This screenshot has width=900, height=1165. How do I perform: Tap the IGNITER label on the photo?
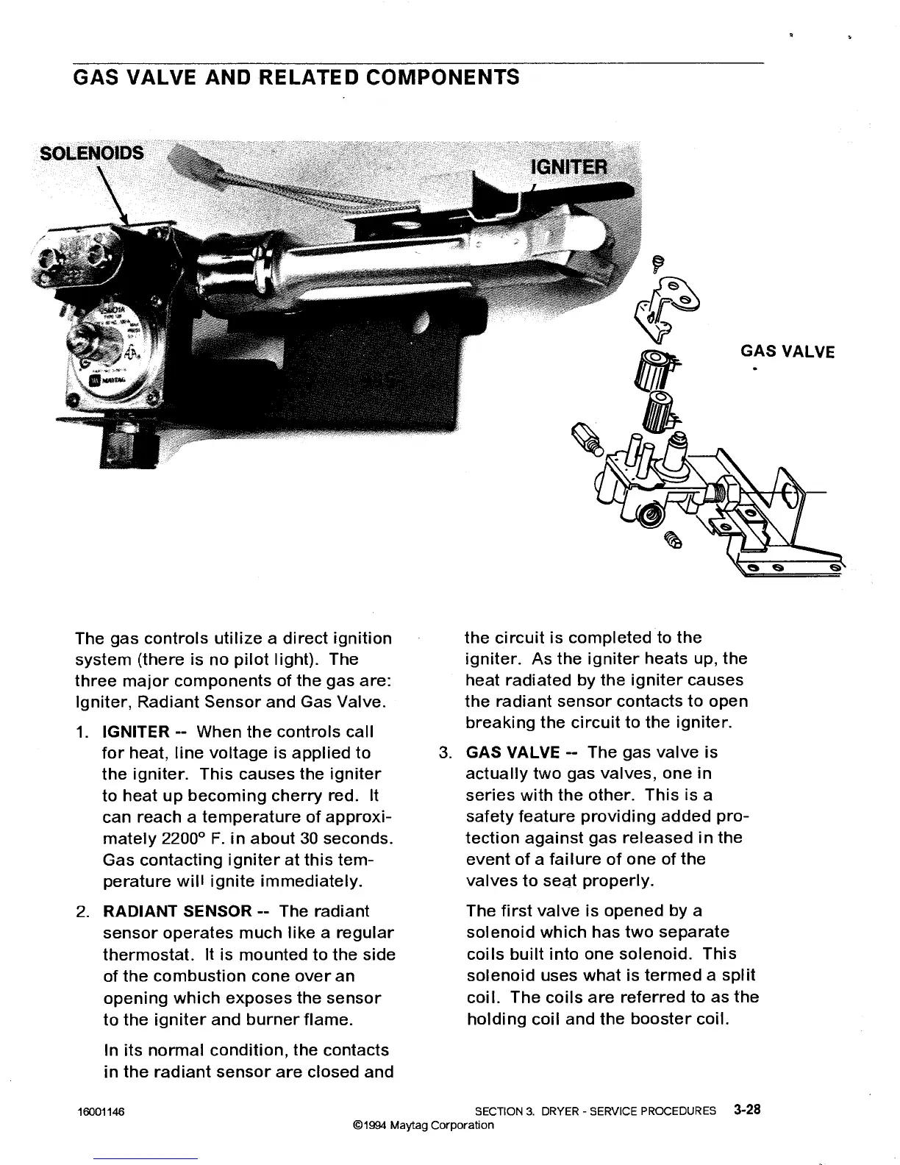pos(569,167)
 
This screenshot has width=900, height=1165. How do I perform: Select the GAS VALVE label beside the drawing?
pos(787,352)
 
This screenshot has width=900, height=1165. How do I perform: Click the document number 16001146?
pos(101,1112)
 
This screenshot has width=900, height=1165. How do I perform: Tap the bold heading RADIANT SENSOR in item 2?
pos(177,912)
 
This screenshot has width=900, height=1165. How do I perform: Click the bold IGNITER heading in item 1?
pos(135,732)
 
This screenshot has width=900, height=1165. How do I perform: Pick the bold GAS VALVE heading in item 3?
pos(513,752)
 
